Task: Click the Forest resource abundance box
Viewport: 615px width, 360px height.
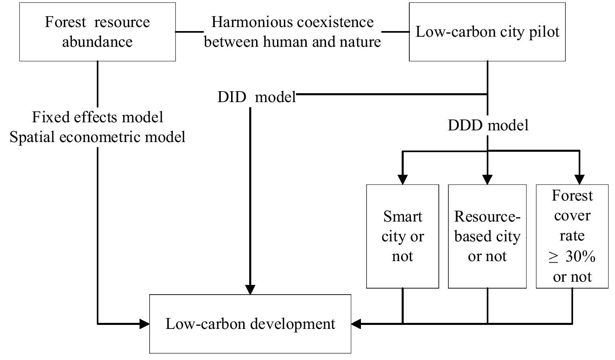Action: point(97,32)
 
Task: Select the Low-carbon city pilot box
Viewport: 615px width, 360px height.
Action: point(487,32)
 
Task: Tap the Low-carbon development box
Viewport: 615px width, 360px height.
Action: point(250,324)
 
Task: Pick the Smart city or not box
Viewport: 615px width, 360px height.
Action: point(402,237)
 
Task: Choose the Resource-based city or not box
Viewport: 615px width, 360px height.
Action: point(487,237)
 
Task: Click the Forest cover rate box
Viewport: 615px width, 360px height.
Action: point(572,237)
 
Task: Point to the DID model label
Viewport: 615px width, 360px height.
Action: point(256,97)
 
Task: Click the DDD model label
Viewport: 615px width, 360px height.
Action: point(488,126)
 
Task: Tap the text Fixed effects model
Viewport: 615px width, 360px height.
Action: point(98,117)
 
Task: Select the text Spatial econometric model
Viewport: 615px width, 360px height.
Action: point(98,137)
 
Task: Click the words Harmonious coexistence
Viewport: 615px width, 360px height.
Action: point(292,22)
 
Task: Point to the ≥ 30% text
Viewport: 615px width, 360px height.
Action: point(572,257)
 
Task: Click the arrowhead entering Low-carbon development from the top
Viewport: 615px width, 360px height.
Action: point(250,289)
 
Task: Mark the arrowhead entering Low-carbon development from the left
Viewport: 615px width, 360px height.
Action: point(144,324)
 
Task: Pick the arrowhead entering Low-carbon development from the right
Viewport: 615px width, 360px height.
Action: point(356,324)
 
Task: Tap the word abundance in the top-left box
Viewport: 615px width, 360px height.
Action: point(97,42)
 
